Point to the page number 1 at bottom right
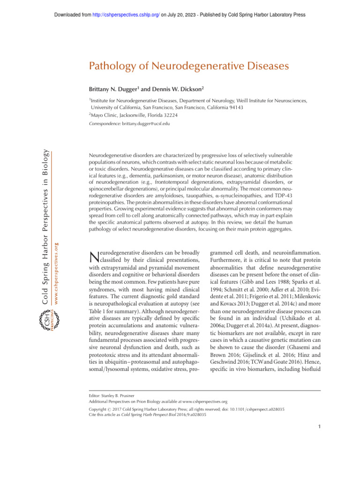pos(318,427)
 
